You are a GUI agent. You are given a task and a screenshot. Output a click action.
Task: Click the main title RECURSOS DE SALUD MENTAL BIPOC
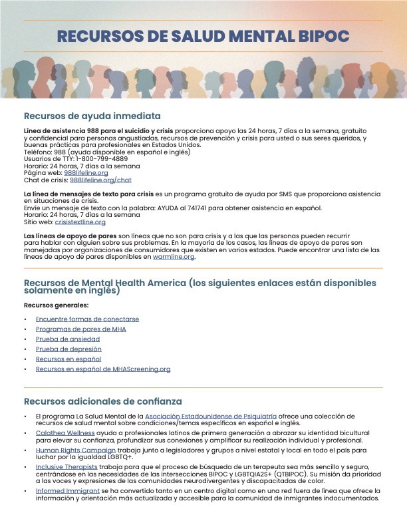[203, 36]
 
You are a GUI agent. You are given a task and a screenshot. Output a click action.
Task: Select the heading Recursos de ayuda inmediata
[92, 115]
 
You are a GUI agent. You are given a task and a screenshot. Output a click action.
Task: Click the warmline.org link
[174, 256]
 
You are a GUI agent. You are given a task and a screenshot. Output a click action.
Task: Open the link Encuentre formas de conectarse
[87, 319]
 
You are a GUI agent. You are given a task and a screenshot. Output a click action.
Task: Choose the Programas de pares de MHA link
[80, 329]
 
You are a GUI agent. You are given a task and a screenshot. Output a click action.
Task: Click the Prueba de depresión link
[68, 349]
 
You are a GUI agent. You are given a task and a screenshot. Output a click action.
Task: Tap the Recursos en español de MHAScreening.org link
[103, 369]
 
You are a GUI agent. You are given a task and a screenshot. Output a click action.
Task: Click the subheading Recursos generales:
[56, 305]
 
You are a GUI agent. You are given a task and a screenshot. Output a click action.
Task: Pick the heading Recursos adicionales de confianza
[102, 401]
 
